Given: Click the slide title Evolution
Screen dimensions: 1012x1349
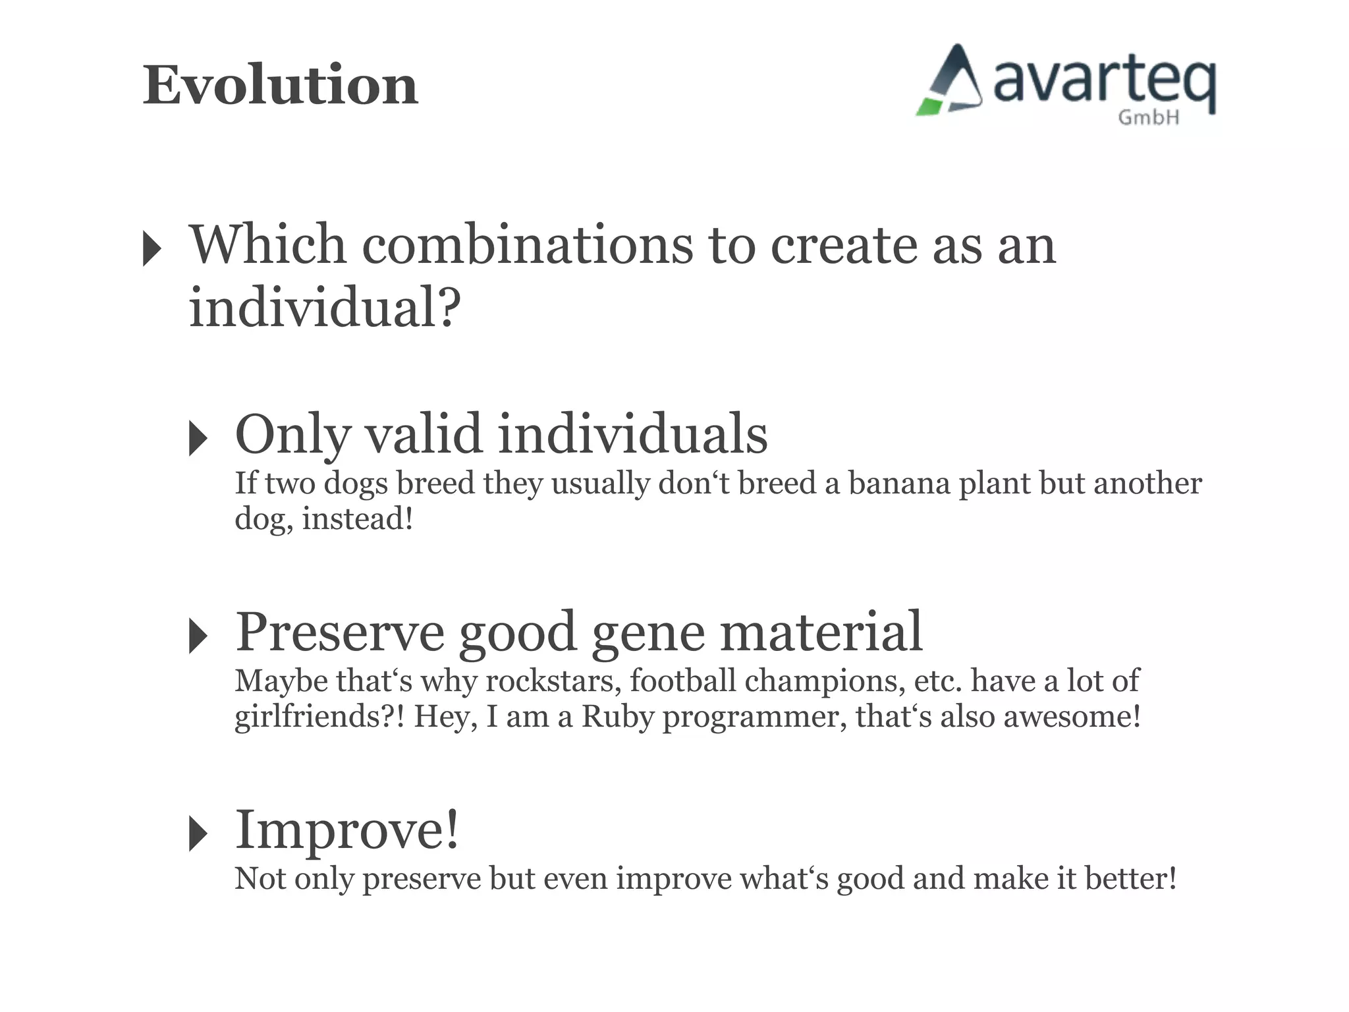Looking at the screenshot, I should (281, 86).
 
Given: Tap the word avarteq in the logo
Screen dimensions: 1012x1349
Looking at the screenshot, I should (1104, 82).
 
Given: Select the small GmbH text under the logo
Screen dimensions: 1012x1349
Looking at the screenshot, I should (1148, 118).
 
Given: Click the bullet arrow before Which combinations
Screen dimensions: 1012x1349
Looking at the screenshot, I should (152, 249).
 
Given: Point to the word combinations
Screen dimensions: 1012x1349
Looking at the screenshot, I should (528, 245).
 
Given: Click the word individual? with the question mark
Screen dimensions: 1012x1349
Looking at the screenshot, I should (325, 308).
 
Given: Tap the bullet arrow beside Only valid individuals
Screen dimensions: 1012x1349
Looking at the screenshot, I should (198, 438).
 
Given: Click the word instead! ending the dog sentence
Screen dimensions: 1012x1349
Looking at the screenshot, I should (358, 519).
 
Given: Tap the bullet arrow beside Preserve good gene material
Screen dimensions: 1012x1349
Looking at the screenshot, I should (198, 636).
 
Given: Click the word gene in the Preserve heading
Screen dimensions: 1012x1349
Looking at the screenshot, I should (649, 632).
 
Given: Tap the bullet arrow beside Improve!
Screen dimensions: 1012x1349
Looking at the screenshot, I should (198, 833).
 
